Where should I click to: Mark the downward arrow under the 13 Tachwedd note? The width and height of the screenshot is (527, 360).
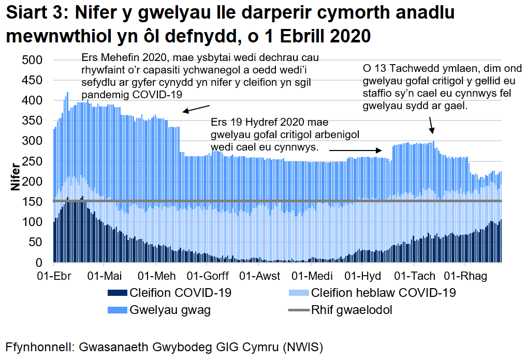tap(431, 125)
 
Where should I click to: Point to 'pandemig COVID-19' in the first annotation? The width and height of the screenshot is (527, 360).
tap(132, 95)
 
